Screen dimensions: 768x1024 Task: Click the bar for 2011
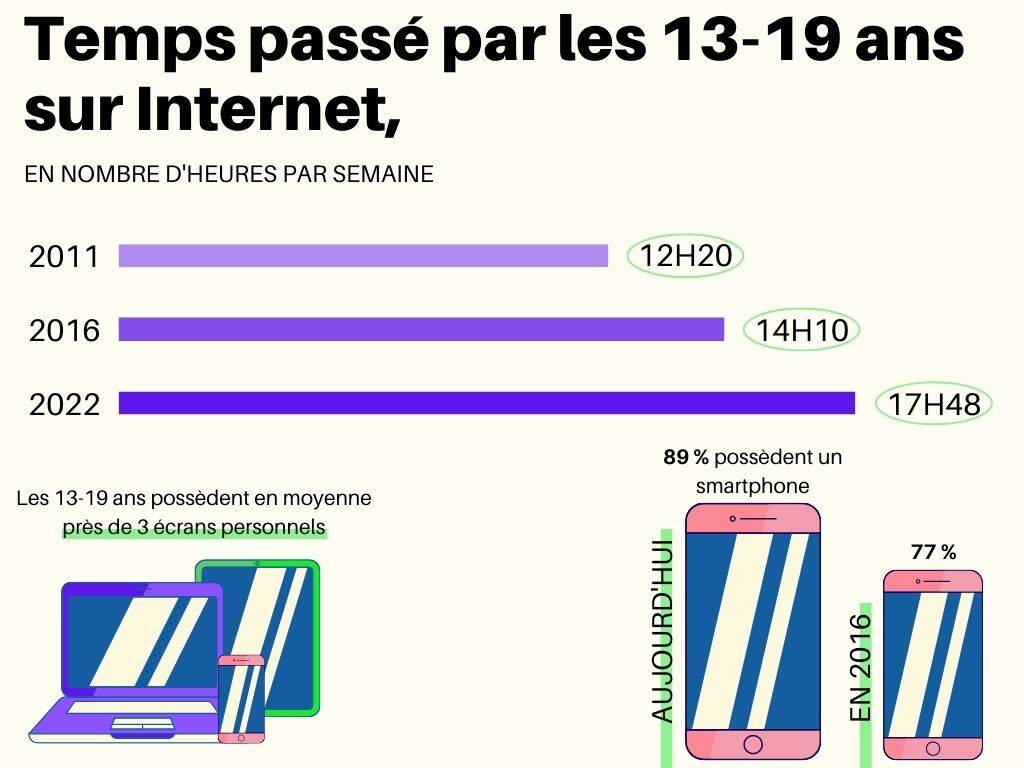pyautogui.click(x=363, y=256)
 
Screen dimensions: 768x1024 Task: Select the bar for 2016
pyautogui.click(x=421, y=329)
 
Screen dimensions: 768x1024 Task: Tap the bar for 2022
pyautogui.click(x=487, y=403)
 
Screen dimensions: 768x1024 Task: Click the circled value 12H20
pyautogui.click(x=686, y=257)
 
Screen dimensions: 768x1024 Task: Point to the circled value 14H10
pyautogui.click(x=802, y=330)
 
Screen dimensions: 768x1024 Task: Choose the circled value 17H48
pyautogui.click(x=934, y=404)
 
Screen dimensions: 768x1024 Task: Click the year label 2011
pyautogui.click(x=65, y=257)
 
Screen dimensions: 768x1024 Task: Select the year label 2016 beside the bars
pyautogui.click(x=65, y=330)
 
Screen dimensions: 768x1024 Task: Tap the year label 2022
pyautogui.click(x=65, y=405)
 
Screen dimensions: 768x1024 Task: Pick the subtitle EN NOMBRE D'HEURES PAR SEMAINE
pyautogui.click(x=229, y=174)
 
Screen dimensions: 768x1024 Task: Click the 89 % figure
pyautogui.click(x=686, y=457)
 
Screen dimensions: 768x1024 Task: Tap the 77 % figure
pyautogui.click(x=933, y=551)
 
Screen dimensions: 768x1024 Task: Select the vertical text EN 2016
pyautogui.click(x=861, y=668)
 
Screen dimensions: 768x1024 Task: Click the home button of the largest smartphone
pyautogui.click(x=753, y=744)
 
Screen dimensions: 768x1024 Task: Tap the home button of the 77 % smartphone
pyautogui.click(x=933, y=748)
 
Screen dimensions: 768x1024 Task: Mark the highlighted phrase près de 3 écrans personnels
pyautogui.click(x=194, y=527)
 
